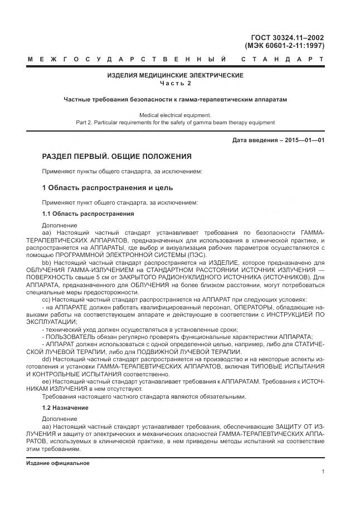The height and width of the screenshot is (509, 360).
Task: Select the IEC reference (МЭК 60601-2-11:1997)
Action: pyautogui.click(x=285, y=46)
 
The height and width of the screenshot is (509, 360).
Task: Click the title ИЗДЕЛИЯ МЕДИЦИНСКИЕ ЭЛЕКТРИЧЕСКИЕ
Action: pyautogui.click(x=175, y=75)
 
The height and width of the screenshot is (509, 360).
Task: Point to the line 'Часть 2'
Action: pyautogui.click(x=175, y=83)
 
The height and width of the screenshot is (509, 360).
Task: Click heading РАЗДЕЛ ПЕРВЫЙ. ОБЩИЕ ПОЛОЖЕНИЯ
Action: pyautogui.click(x=116, y=156)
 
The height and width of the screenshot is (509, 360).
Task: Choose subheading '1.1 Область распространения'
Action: pyautogui.click(x=87, y=214)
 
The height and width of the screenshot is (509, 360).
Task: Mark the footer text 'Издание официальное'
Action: pyautogui.click(x=58, y=463)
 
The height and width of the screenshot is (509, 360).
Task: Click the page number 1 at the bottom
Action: pyautogui.click(x=323, y=472)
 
